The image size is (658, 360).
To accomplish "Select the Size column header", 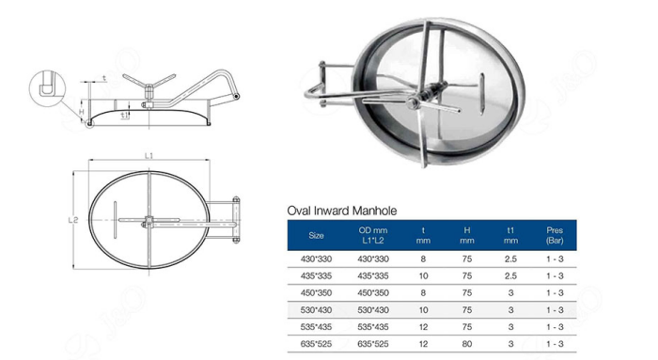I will tap(316, 234).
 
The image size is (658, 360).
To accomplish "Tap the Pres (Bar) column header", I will tap(554, 234).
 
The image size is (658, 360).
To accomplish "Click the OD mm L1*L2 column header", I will tap(373, 234).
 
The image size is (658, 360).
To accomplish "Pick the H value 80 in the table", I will tap(466, 343).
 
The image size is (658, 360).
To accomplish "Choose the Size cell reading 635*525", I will tap(316, 343).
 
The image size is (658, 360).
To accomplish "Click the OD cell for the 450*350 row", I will tap(373, 292).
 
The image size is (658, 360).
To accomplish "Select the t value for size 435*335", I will tap(423, 275).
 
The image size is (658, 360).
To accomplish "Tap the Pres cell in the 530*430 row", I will tap(554, 309).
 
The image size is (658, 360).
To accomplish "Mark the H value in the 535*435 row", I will tap(466, 326).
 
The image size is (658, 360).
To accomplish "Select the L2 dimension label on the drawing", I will tap(73, 220).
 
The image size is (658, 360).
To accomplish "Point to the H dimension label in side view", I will tap(82, 111).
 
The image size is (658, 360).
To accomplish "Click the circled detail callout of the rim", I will tap(46, 87).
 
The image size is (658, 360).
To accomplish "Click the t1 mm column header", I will tap(509, 234).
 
